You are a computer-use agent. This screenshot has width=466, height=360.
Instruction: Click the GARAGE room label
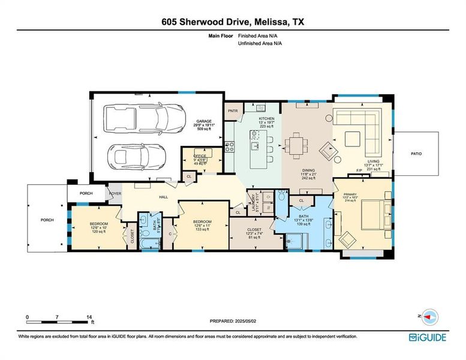coord(204,121)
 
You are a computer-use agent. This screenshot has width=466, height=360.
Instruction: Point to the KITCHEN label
coord(266,119)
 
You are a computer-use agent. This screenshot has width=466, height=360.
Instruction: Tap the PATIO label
coord(416,154)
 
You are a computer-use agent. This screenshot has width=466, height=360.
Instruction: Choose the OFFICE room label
coord(200,156)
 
